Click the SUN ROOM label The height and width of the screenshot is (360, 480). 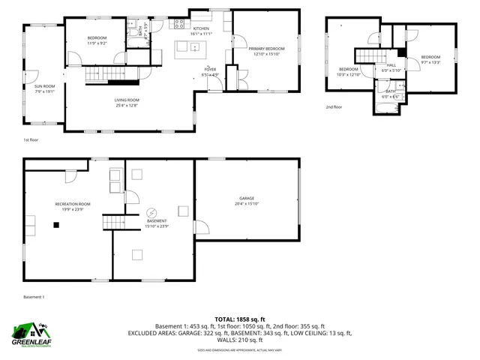coord(44,86)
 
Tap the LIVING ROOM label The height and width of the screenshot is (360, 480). coord(127,100)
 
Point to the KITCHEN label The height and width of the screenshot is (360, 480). coord(201,28)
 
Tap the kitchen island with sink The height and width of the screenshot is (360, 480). coord(189,49)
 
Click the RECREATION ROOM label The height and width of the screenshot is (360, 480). coord(73,204)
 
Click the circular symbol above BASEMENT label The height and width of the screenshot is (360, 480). coord(151,213)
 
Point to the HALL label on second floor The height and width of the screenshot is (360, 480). coord(391,65)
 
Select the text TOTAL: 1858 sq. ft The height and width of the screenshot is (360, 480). coord(239,319)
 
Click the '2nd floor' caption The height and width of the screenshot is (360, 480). coord(334,107)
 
